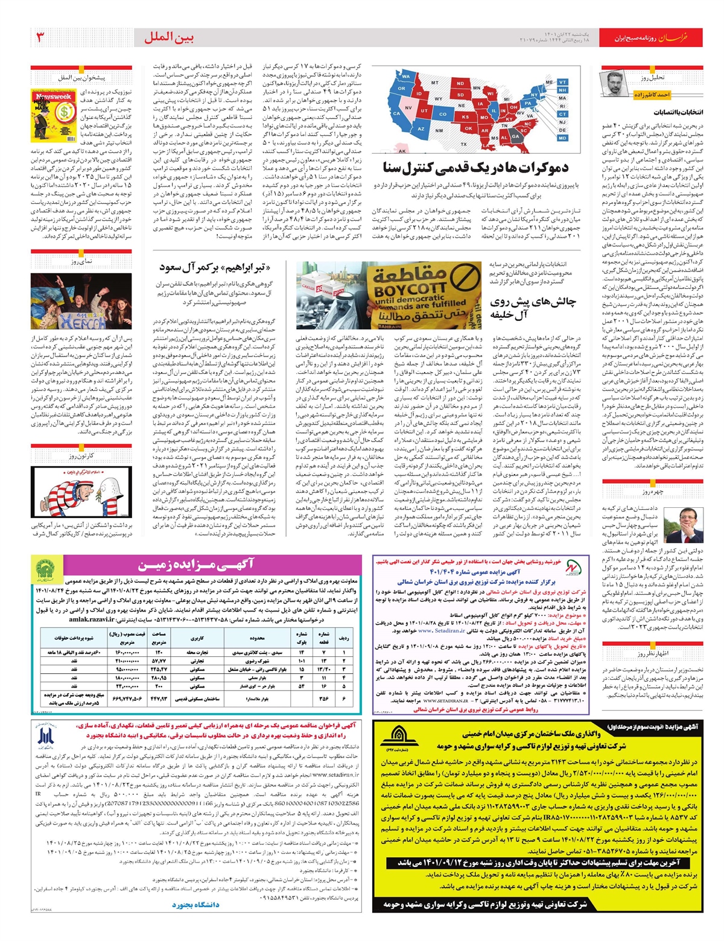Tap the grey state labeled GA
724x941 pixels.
click(x=515, y=136)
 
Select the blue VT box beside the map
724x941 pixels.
click(x=562, y=82)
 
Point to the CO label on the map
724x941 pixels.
click(x=443, y=114)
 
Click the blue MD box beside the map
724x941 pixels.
click(x=562, y=138)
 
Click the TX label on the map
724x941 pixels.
click(x=463, y=144)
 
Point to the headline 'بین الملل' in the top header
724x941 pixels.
click(x=170, y=37)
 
